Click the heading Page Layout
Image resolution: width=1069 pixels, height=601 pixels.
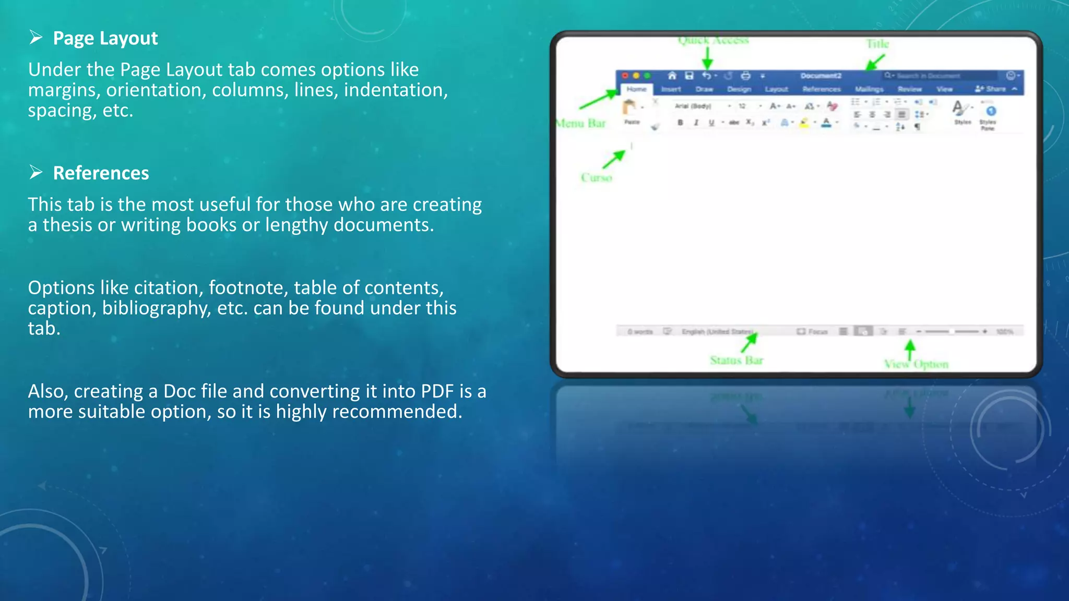click(x=105, y=39)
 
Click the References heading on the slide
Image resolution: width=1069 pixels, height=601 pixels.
click(x=101, y=173)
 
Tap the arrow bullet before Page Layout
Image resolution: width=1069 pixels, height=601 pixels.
click(x=36, y=38)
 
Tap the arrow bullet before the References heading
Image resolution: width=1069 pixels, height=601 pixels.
click(x=36, y=172)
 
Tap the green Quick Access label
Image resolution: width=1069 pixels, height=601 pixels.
click(x=713, y=40)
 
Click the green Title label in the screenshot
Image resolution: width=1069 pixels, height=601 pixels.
click(x=877, y=44)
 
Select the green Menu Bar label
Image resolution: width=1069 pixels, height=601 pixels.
click(x=581, y=124)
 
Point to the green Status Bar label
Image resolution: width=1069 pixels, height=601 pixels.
click(x=737, y=360)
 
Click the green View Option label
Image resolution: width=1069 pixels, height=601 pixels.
click(x=916, y=364)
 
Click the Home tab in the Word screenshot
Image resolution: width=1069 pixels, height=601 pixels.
click(x=636, y=89)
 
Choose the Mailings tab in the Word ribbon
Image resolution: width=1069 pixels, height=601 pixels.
click(x=869, y=89)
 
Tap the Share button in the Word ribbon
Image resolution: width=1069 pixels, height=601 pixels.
click(x=991, y=89)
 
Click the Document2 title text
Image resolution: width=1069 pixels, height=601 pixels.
click(x=821, y=76)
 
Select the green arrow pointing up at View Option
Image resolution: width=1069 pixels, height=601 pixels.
click(x=910, y=349)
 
